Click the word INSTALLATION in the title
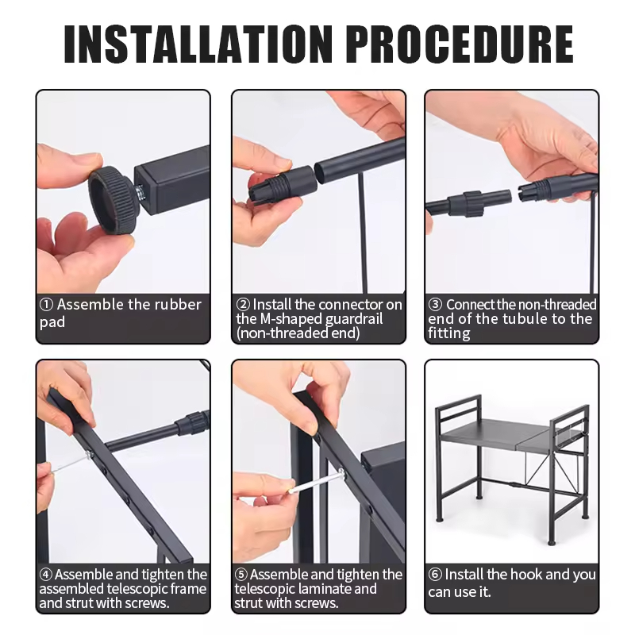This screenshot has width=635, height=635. click(198, 44)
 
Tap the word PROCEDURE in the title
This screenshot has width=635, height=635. click(460, 44)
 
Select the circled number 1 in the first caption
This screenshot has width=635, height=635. click(46, 305)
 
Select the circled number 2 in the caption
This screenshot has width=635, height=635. click(243, 305)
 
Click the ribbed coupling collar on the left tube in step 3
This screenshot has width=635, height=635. click(471, 204)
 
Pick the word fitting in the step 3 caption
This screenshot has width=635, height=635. click(449, 333)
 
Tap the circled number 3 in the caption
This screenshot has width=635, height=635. click(435, 305)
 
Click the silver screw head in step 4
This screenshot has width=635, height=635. click(88, 456)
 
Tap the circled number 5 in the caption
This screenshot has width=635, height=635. click(241, 574)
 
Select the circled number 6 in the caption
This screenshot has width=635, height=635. click(435, 574)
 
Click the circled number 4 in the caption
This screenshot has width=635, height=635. click(46, 574)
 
